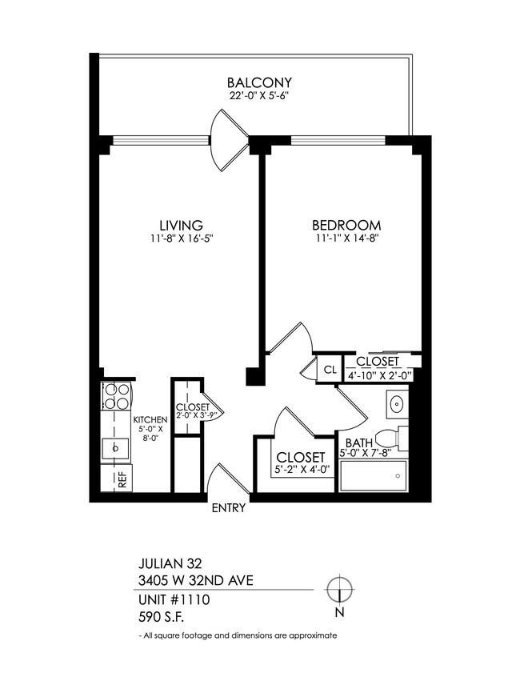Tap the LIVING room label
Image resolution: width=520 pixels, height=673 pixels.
[180, 225]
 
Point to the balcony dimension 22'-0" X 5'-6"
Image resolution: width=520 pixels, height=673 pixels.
[258, 97]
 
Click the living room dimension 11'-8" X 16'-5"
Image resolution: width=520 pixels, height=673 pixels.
[180, 238]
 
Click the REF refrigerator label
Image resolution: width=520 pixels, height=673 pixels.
[122, 480]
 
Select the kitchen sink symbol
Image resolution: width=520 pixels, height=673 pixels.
[115, 447]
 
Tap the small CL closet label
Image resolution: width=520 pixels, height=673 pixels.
[329, 370]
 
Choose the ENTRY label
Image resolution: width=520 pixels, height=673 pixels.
[228, 507]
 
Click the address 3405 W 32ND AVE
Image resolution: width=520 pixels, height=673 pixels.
[196, 579]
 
